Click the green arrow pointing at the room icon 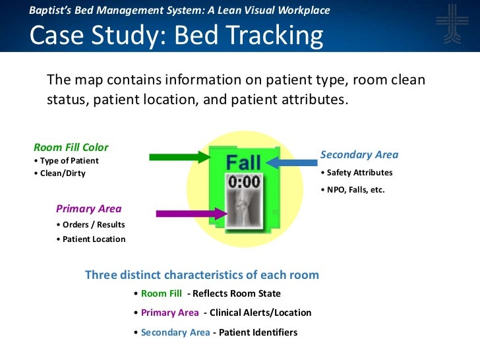179,157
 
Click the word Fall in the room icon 243,162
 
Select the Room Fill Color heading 71,148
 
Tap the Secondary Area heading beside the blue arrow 359,155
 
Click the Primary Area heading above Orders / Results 88,209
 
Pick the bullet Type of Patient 66,161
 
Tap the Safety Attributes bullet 356,173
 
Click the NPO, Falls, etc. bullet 352,190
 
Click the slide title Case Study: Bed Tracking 177,36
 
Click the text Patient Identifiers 258,332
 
